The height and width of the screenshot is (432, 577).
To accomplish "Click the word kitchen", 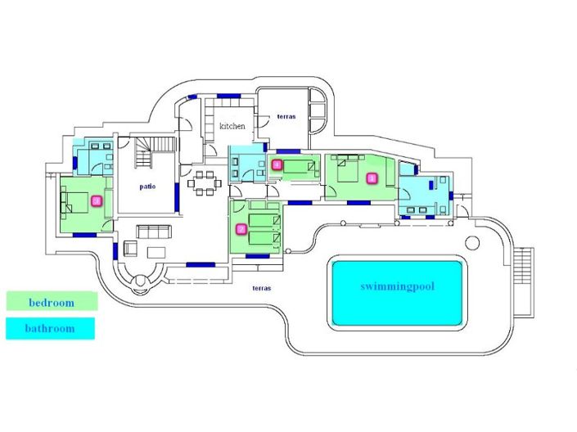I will [232, 126].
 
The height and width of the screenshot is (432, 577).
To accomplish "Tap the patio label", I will [147, 186].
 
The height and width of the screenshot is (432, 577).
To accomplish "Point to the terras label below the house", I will [262, 288].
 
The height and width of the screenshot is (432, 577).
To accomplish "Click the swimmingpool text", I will [397, 286].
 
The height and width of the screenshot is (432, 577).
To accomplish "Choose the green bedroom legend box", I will [52, 302].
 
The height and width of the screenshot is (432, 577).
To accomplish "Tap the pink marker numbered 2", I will [240, 229].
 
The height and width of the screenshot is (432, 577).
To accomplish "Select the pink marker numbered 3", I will [96, 200].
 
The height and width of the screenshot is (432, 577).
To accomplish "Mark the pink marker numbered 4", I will [277, 164].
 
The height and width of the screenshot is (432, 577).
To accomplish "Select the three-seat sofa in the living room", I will [154, 231].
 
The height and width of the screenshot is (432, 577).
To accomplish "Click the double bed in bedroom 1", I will [349, 173].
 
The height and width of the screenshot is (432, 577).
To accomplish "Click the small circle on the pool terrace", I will [471, 243].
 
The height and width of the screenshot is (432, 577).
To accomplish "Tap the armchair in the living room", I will [131, 248].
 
